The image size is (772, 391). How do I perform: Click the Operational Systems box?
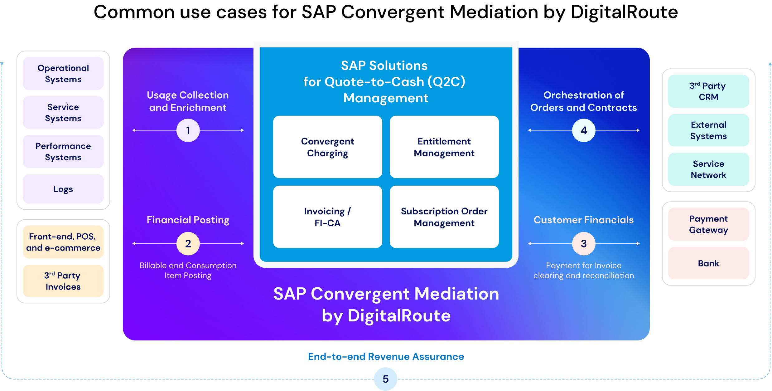click(63, 74)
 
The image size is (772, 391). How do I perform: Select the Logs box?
click(63, 189)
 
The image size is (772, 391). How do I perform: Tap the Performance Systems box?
click(63, 152)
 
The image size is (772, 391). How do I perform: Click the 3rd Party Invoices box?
click(63, 281)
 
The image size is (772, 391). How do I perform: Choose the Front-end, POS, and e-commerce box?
click(63, 242)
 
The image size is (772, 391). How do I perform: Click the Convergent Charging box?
click(327, 147)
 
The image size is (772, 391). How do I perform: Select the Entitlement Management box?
click(444, 147)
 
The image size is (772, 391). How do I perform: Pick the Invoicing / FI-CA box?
click(327, 217)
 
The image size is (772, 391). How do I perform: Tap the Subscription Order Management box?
click(444, 217)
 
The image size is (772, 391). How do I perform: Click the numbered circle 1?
click(188, 130)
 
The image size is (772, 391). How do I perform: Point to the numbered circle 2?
click(188, 243)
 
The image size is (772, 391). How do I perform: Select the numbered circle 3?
click(584, 243)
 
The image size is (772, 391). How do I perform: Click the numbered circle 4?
click(584, 130)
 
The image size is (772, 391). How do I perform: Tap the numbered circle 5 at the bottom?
click(386, 379)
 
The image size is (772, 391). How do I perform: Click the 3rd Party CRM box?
click(708, 91)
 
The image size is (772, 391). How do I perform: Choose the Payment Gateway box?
click(708, 224)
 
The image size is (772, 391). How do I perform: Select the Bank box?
click(708, 263)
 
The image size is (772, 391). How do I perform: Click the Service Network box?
click(708, 169)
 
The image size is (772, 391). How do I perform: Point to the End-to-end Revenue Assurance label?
click(386, 357)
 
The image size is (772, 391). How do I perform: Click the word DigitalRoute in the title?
click(399, 315)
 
